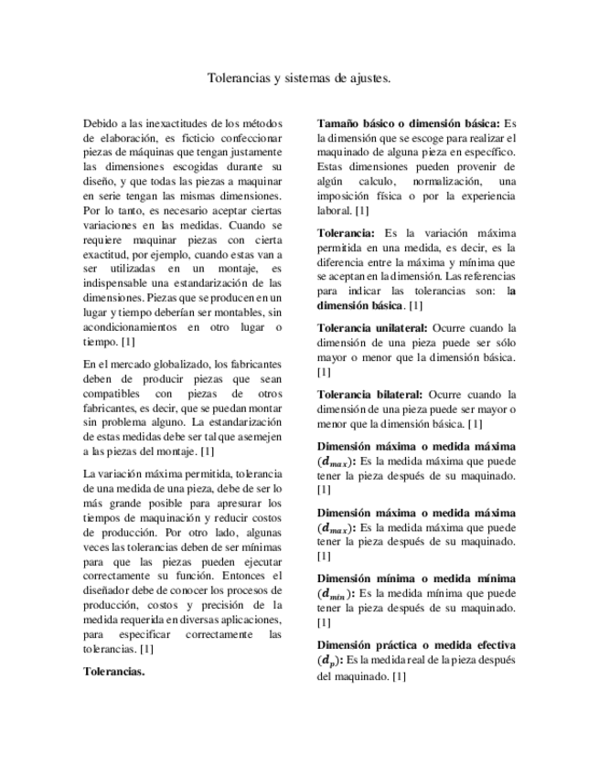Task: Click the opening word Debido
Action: click(x=101, y=122)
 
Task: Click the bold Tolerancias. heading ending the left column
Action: click(x=114, y=671)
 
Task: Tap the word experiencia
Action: click(x=480, y=196)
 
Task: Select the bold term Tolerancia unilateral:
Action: click(x=373, y=327)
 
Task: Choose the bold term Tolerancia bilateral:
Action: click(x=369, y=393)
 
